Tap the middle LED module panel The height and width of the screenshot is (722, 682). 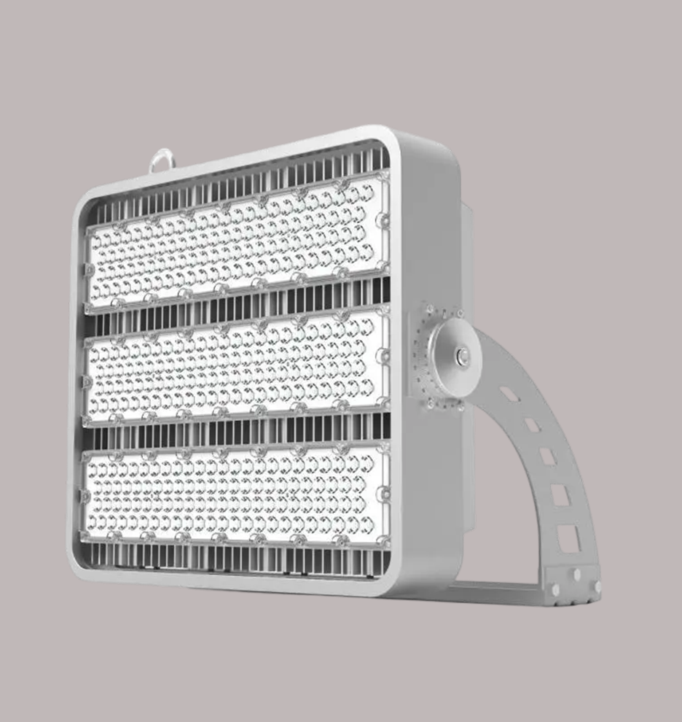pyautogui.click(x=237, y=368)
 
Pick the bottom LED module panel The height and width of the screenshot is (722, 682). pyautogui.click(x=237, y=496)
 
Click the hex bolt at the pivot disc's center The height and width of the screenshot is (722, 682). pyautogui.click(x=462, y=356)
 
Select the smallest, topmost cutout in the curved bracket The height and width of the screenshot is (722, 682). pyautogui.click(x=510, y=395)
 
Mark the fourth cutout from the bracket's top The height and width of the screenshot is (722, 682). pyautogui.click(x=560, y=495)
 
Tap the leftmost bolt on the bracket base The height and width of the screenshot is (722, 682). pyautogui.click(x=556, y=589)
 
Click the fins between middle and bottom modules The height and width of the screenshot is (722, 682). pyautogui.click(x=240, y=434)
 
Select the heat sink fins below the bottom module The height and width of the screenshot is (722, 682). pyautogui.click(x=240, y=558)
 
